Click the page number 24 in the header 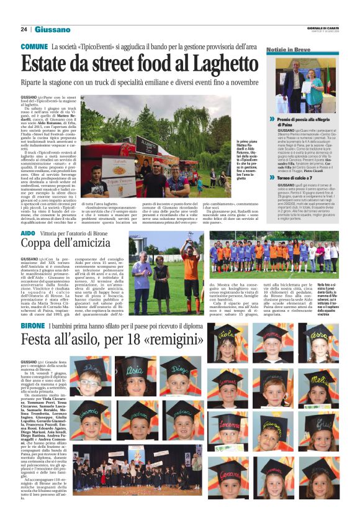click(24, 29)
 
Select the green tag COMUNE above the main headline click(35, 47)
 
